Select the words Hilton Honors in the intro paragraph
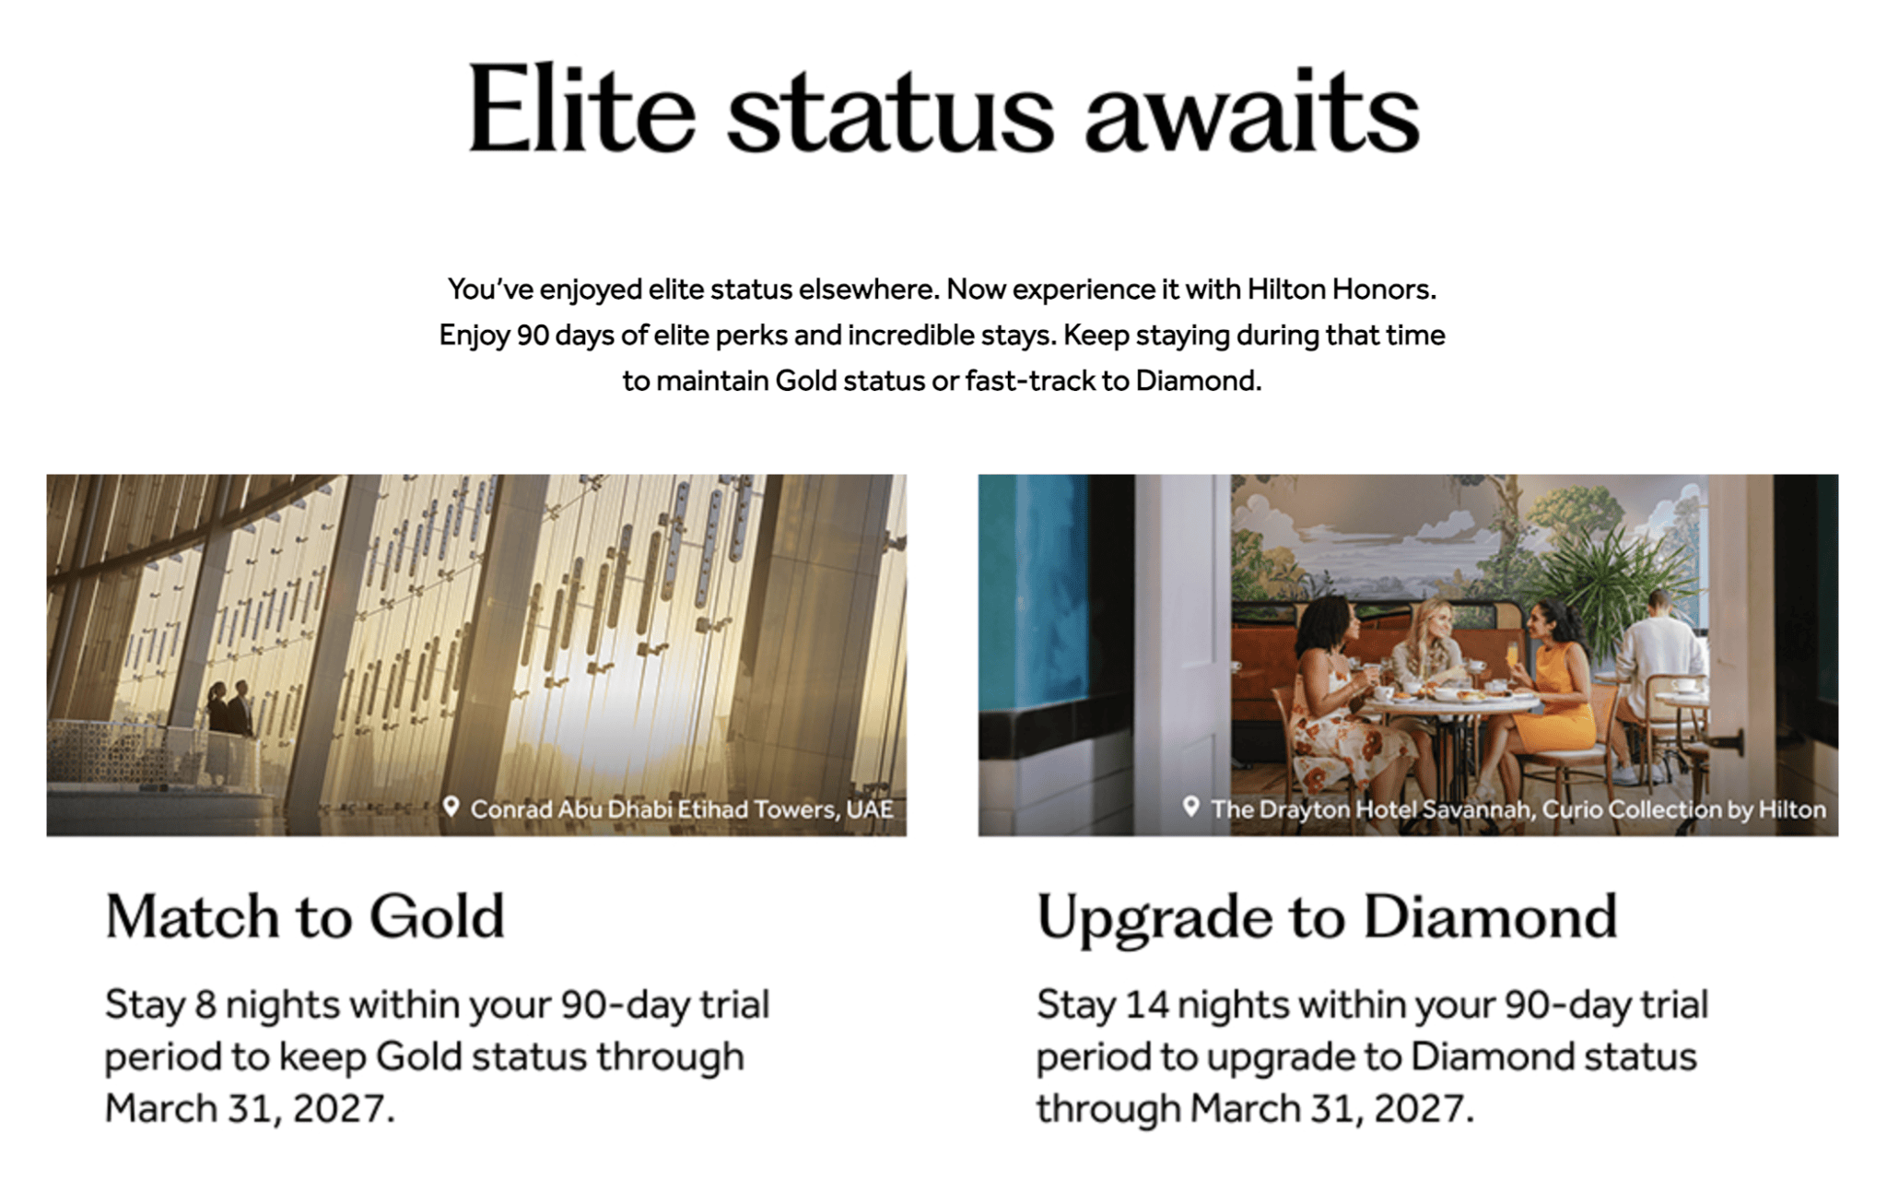(1341, 289)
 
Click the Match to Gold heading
(305, 916)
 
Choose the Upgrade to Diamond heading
(1327, 916)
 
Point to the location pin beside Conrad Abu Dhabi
(451, 807)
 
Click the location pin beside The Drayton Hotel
(1190, 807)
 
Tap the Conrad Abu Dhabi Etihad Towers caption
(682, 809)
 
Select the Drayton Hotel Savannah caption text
(1518, 809)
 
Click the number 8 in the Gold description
(205, 1005)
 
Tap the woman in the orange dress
(1557, 682)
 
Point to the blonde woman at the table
(1430, 645)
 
